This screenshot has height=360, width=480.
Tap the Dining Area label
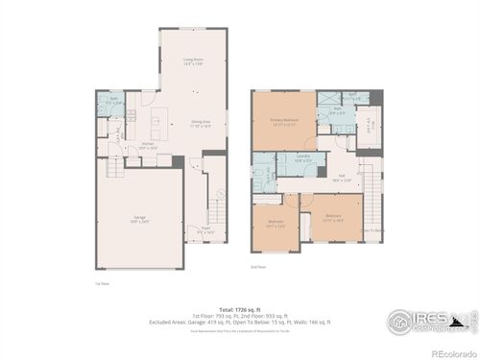(x=201, y=123)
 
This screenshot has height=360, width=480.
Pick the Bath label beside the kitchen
(x=113, y=99)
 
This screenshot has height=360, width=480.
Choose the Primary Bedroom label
(x=282, y=123)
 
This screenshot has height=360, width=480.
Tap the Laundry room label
(x=303, y=159)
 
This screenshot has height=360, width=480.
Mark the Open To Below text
(x=372, y=230)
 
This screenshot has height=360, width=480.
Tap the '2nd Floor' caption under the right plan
(x=257, y=266)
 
